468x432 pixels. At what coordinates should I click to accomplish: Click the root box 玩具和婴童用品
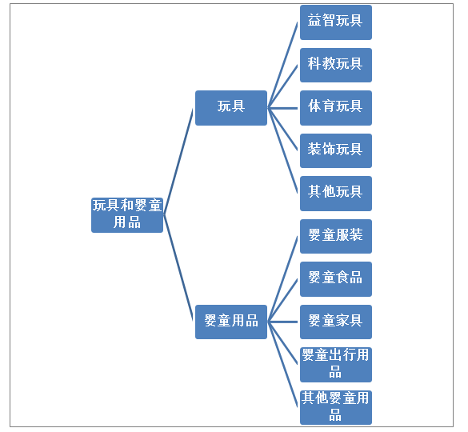pyautogui.click(x=127, y=215)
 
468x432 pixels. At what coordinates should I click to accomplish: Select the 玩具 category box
pyautogui.click(x=231, y=108)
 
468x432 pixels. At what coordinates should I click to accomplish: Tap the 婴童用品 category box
pyautogui.click(x=231, y=322)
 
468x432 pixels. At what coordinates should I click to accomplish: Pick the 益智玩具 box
pyautogui.click(x=336, y=22)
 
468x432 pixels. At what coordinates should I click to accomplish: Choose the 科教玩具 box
pyautogui.click(x=336, y=65)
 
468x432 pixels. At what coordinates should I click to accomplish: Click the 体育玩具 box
pyautogui.click(x=336, y=108)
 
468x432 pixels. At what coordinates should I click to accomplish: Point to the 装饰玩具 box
pyautogui.click(x=336, y=150)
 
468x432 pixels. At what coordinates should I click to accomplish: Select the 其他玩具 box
pyautogui.click(x=336, y=194)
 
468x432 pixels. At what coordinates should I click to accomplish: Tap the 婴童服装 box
pyautogui.click(x=336, y=237)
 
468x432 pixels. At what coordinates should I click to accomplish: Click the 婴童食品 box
pyautogui.click(x=336, y=279)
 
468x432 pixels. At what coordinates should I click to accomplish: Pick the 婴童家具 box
pyautogui.click(x=336, y=322)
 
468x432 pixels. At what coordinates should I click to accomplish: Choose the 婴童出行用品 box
pyautogui.click(x=336, y=365)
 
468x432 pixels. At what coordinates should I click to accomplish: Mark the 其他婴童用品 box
pyautogui.click(x=336, y=407)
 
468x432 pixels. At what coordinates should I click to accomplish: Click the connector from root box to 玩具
pyautogui.click(x=178, y=162)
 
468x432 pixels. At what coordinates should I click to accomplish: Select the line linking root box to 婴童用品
pyautogui.click(x=178, y=268)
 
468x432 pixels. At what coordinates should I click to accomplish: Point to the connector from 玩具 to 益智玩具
pyautogui.click(x=282, y=65)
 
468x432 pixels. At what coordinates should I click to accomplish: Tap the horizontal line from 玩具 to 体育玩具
pyautogui.click(x=282, y=108)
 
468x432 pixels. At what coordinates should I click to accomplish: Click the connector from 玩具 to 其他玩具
pyautogui.click(x=282, y=150)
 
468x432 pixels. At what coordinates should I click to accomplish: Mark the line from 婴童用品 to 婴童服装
pyautogui.click(x=282, y=279)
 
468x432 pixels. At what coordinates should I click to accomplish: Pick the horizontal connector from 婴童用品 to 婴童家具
pyautogui.click(x=282, y=322)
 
